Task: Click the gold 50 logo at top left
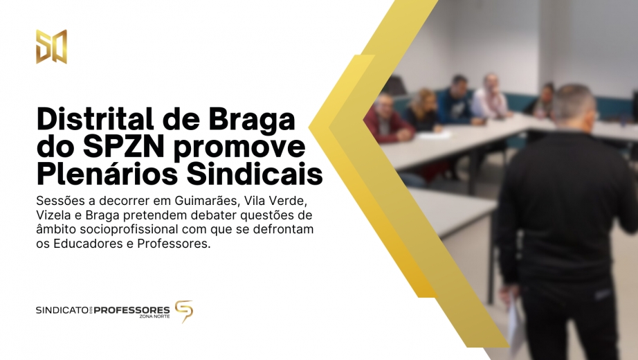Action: coord(51,46)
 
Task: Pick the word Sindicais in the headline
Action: coord(262,174)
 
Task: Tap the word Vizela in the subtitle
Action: coord(55,215)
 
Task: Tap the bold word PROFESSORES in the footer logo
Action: coord(131,310)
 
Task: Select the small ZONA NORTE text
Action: coord(154,317)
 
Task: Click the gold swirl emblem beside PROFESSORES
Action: coord(183,311)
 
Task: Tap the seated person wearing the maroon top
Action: coord(384,121)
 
